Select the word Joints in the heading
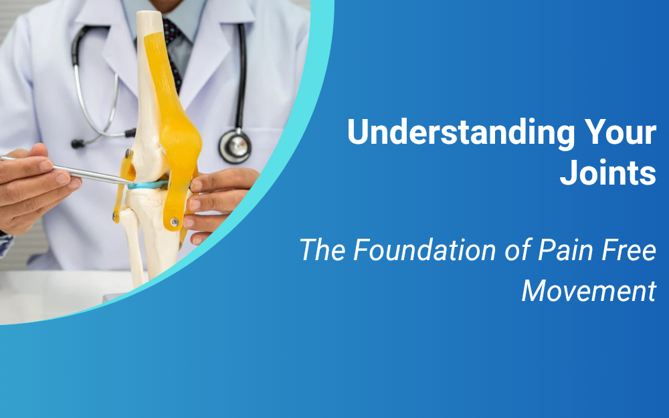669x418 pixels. click(x=608, y=173)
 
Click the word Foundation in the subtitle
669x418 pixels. click(x=424, y=250)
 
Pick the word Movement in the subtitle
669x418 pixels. click(x=589, y=292)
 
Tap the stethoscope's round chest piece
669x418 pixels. click(x=234, y=146)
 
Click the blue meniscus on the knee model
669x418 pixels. click(x=147, y=185)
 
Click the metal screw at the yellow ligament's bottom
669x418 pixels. click(x=175, y=222)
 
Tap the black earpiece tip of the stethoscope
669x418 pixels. click(x=78, y=143)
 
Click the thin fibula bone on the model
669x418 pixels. click(x=133, y=243)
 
